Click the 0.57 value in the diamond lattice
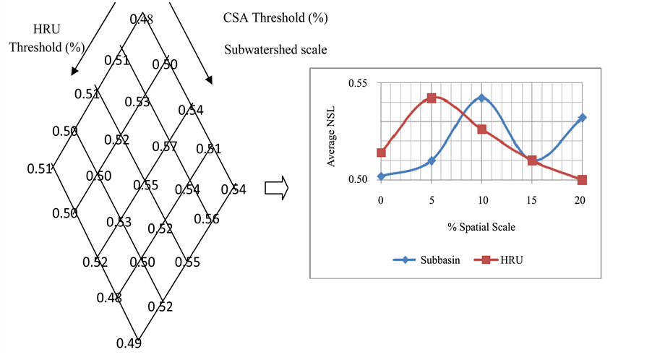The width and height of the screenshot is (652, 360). (165, 147)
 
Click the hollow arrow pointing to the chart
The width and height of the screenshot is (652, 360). (276, 189)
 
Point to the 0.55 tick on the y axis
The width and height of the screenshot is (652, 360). (356, 83)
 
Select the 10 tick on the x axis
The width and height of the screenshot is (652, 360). (481, 200)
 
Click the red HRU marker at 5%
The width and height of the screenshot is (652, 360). (432, 98)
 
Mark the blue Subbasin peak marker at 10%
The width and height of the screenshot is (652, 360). (481, 98)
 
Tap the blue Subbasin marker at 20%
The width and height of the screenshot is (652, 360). (582, 117)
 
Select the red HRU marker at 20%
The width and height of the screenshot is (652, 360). (582, 179)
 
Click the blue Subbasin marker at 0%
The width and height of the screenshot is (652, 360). (381, 176)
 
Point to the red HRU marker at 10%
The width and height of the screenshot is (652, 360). (481, 129)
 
